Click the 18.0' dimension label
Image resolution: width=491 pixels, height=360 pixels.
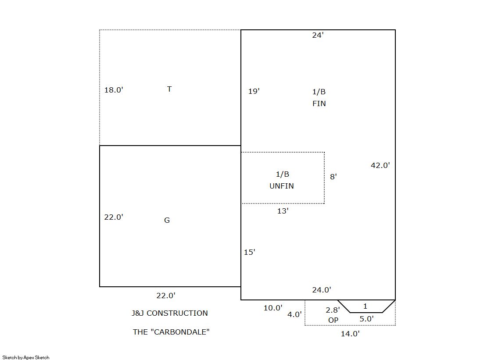click(x=114, y=90)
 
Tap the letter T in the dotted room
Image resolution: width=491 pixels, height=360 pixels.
click(x=169, y=89)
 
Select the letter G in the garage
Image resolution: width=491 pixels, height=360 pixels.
click(x=167, y=221)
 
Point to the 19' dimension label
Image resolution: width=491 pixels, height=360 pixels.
click(x=254, y=91)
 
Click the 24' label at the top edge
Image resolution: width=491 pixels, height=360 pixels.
click(x=318, y=35)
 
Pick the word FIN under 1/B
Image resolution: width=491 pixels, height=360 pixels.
click(x=319, y=103)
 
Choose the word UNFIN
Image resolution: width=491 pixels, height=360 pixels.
click(x=282, y=186)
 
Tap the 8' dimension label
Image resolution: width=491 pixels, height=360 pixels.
click(x=333, y=177)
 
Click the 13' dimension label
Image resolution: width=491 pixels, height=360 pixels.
click(x=283, y=211)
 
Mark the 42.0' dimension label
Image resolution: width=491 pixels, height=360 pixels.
click(x=380, y=165)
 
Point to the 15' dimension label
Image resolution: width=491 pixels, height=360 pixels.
click(x=250, y=252)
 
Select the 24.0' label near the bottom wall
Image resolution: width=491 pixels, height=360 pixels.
click(x=322, y=290)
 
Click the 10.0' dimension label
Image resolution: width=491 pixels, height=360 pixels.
click(x=273, y=308)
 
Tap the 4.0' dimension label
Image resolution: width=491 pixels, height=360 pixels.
click(x=295, y=314)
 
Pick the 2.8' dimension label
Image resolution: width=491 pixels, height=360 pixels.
click(x=333, y=310)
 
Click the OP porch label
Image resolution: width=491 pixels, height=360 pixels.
click(x=333, y=320)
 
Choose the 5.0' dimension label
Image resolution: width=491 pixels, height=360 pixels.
click(x=367, y=319)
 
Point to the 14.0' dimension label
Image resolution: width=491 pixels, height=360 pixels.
click(x=351, y=334)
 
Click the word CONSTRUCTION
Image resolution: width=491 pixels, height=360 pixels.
click(x=177, y=313)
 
